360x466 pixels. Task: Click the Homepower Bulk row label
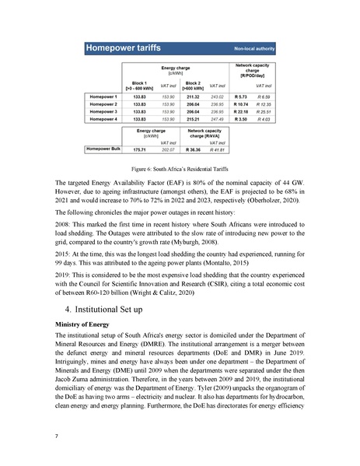tap(103, 147)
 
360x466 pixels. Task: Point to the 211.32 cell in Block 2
tap(193, 96)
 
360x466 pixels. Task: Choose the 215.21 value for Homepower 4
tap(193, 119)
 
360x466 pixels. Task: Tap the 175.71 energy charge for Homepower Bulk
tap(141, 148)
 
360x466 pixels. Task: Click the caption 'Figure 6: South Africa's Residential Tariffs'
tap(180, 169)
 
